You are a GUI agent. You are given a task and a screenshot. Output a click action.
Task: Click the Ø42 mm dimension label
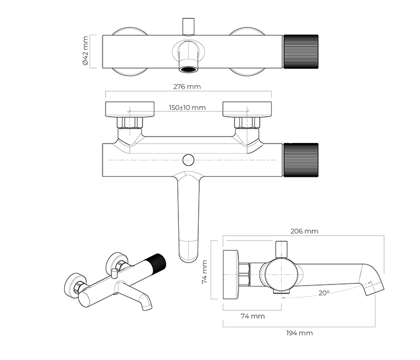pos(85,51)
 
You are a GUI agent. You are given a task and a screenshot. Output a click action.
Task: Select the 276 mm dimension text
pos(187,86)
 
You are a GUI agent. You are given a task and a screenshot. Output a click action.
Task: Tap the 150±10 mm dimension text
pos(187,108)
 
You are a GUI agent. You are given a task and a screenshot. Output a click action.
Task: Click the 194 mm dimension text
pos(298,333)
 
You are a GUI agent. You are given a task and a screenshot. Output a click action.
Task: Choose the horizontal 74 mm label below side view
pos(252,316)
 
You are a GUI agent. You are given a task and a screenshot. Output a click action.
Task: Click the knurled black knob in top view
pos(301,51)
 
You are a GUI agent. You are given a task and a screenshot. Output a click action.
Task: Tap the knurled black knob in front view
pos(301,160)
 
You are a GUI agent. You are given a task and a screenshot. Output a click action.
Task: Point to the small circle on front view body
pos(188,160)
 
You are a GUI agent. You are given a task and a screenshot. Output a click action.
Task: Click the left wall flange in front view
pos(130,109)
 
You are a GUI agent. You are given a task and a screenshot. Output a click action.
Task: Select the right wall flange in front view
pos(247,109)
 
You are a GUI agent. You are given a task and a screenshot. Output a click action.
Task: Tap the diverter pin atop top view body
pos(187,26)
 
